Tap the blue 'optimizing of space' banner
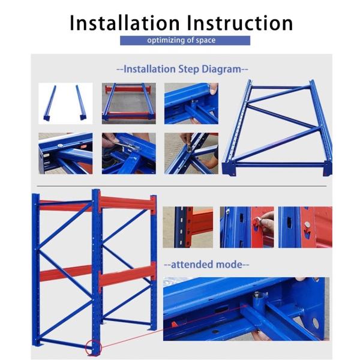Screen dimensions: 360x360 click(x=185, y=40)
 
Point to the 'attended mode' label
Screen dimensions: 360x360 click(x=206, y=264)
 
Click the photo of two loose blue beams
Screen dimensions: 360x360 click(x=65, y=103)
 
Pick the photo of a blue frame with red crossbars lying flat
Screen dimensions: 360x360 click(x=128, y=103)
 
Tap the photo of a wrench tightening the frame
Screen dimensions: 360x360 click(x=128, y=153)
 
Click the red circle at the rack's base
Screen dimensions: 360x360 click(x=93, y=347)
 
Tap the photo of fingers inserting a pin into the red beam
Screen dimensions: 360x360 click(x=246, y=227)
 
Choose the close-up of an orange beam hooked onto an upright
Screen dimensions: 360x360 click(x=187, y=227)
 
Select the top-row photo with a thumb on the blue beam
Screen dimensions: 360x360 click(x=191, y=103)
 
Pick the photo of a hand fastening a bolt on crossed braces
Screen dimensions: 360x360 click(x=191, y=153)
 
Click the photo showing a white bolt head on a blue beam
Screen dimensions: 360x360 click(x=65, y=153)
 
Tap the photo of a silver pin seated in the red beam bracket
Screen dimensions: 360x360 click(x=305, y=227)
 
